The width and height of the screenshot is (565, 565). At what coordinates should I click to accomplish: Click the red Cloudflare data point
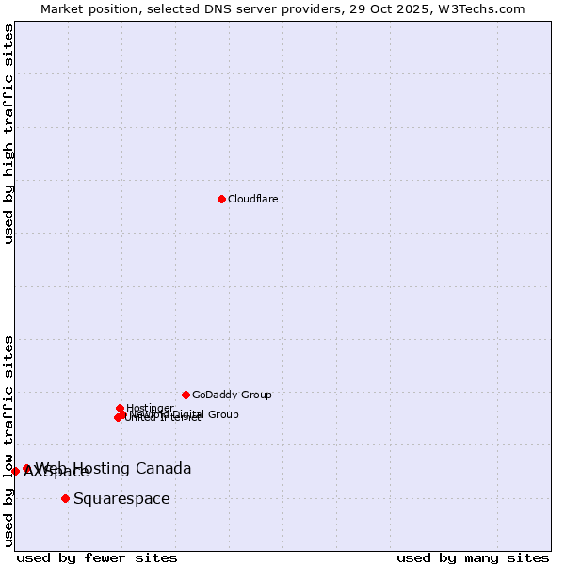(221, 199)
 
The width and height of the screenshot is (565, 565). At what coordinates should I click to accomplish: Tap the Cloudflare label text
(252, 200)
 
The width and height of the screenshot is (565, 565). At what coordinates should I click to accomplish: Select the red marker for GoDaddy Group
(186, 395)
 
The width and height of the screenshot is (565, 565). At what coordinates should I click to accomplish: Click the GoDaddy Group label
(232, 395)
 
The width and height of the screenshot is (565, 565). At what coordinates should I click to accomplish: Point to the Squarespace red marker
(65, 498)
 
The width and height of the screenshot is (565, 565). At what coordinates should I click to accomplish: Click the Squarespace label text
(121, 499)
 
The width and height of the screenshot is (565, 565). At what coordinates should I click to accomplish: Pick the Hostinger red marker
(120, 408)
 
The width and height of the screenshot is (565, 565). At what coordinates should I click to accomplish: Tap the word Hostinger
(150, 408)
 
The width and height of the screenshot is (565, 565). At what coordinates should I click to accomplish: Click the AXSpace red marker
(16, 471)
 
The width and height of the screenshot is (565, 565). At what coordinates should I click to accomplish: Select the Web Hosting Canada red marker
(27, 468)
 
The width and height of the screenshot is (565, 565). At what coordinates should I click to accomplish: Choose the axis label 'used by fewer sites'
(97, 558)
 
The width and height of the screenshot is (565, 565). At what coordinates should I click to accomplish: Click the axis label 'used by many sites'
(473, 558)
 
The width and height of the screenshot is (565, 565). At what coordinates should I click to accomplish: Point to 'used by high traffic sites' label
(8, 134)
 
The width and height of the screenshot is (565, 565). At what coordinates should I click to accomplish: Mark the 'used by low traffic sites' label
(8, 441)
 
